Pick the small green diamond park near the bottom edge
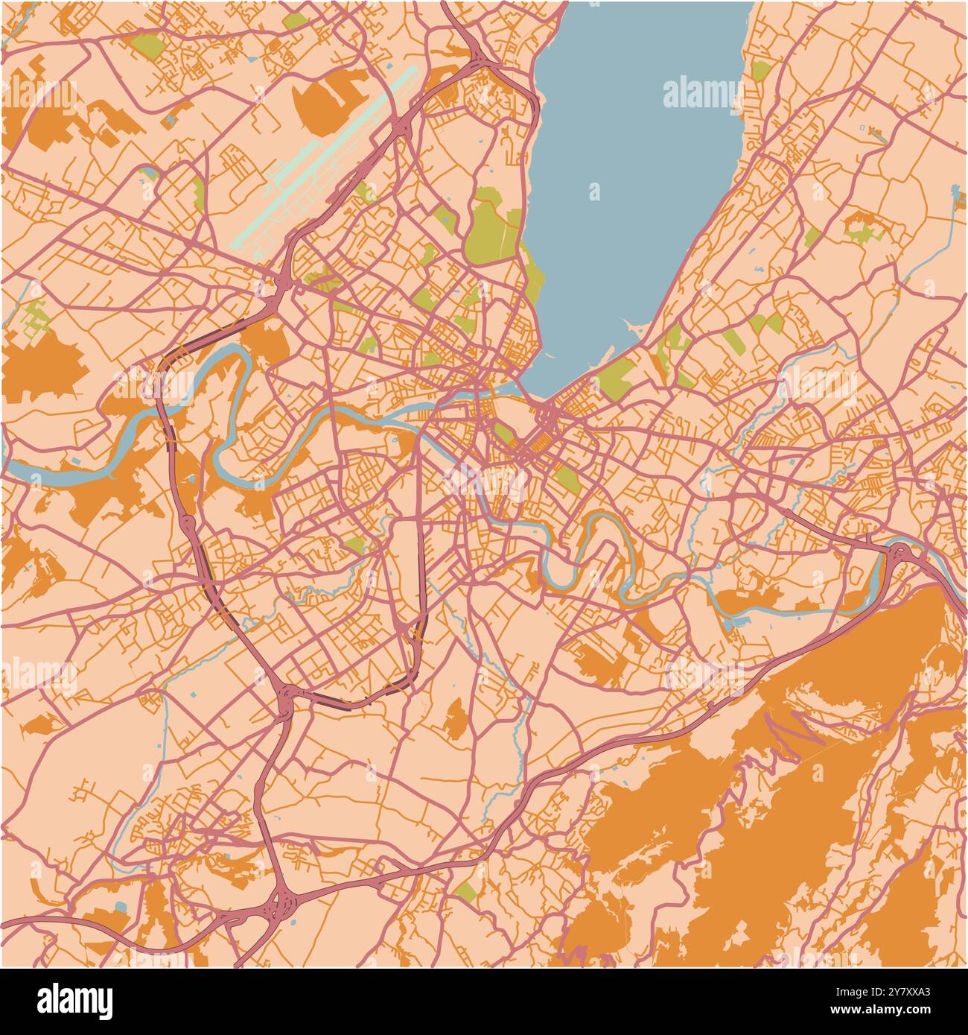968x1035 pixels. [x=466, y=890]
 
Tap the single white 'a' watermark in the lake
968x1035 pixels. [x=594, y=192]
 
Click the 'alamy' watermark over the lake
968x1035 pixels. [x=702, y=95]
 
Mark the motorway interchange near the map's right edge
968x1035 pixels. [x=899, y=555]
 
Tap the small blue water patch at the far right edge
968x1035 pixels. [x=956, y=195]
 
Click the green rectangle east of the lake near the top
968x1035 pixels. [x=761, y=71]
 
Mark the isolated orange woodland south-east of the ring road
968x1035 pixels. [x=455, y=719]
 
